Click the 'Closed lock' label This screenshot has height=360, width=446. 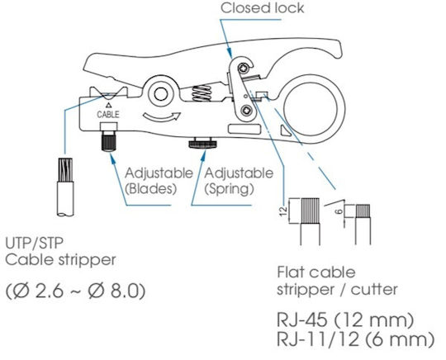pyautogui.click(x=262, y=8)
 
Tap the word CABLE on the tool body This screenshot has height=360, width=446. pyautogui.click(x=108, y=114)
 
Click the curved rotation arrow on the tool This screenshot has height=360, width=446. pyautogui.click(x=162, y=117)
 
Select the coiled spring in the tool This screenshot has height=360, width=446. pyautogui.click(x=202, y=93)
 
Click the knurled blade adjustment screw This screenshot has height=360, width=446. pyautogui.click(x=109, y=141)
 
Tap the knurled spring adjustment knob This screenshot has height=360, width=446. pyautogui.click(x=203, y=143)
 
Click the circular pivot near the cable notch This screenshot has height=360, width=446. pyautogui.click(x=161, y=94)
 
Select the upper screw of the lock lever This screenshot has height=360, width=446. pyautogui.click(x=244, y=68)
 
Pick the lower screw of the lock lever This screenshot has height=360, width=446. pyautogui.click(x=246, y=111)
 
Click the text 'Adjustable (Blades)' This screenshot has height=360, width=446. pyautogui.click(x=159, y=181)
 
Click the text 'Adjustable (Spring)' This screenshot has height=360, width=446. pyautogui.click(x=239, y=181)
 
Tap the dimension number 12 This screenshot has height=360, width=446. pyautogui.click(x=283, y=211)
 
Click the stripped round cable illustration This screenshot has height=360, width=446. pyautogui.click(x=66, y=187)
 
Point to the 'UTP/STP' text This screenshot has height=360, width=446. pyautogui.click(x=35, y=243)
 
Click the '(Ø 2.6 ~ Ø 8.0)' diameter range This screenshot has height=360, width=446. pyautogui.click(x=76, y=291)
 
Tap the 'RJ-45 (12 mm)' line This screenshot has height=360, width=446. pyautogui.click(x=345, y=320)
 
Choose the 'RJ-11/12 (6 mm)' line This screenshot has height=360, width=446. pyautogui.click(x=355, y=339)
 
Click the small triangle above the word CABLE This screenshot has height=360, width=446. pyautogui.click(x=108, y=106)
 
